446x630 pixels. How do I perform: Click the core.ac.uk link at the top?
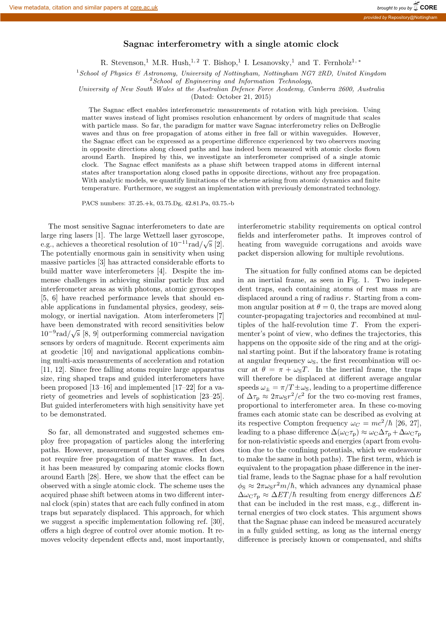pyautogui.click(x=144, y=8)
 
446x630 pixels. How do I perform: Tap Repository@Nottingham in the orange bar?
pyautogui.click(x=412, y=17)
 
